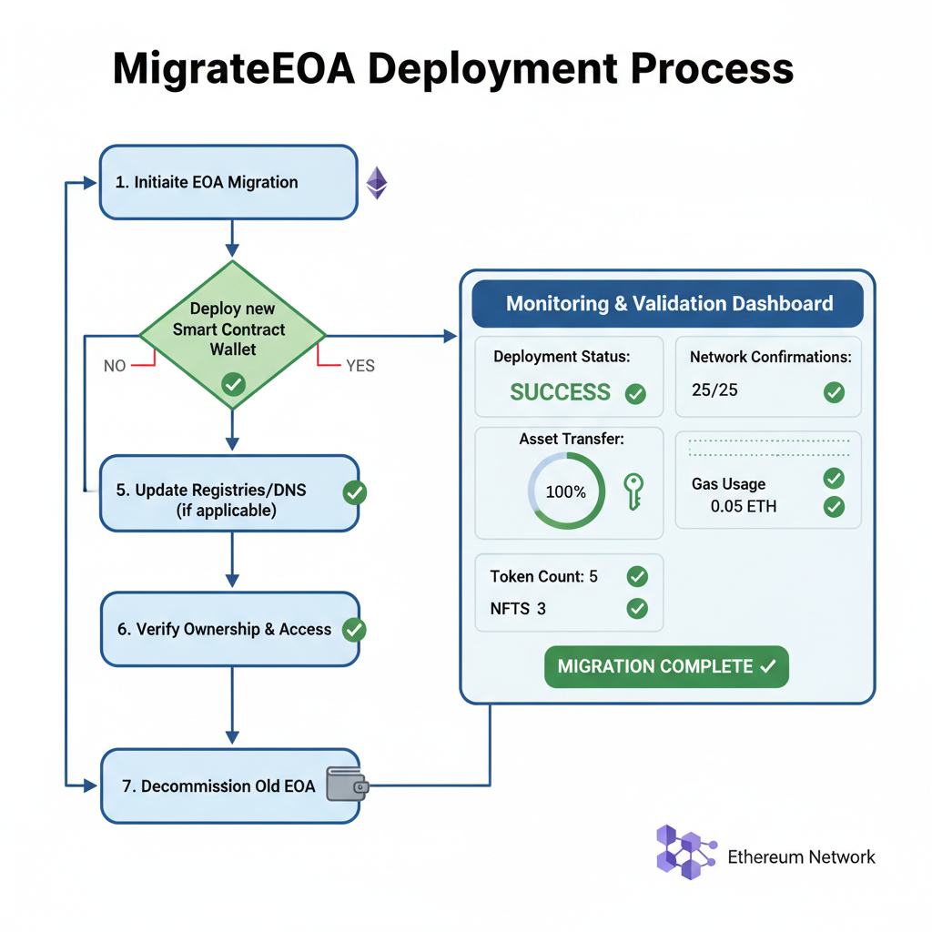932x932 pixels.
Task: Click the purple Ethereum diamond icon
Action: tap(376, 182)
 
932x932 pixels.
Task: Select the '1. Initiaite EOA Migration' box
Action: tap(228, 182)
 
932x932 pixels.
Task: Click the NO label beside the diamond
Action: tap(115, 366)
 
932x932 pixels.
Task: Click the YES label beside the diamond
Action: tap(360, 366)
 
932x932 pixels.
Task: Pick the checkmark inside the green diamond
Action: tap(233, 385)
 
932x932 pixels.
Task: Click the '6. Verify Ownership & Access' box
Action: tap(228, 629)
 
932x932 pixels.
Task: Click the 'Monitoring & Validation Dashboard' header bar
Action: tap(668, 304)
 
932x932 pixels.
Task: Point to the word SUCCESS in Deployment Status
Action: tap(560, 392)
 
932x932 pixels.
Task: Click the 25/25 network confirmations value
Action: tap(715, 390)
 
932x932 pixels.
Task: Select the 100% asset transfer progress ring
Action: tap(566, 491)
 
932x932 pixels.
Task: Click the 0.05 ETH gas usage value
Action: tap(744, 506)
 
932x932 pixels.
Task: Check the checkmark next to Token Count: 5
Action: tap(637, 576)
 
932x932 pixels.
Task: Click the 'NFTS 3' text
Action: tap(518, 608)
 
